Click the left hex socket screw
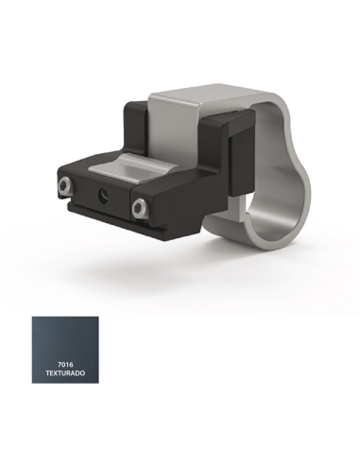(64, 187)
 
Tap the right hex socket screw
(139, 208)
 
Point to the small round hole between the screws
(103, 194)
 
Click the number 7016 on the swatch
(65, 365)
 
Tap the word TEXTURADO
(65, 373)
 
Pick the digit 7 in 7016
(60, 365)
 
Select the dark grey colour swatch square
(65, 350)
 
